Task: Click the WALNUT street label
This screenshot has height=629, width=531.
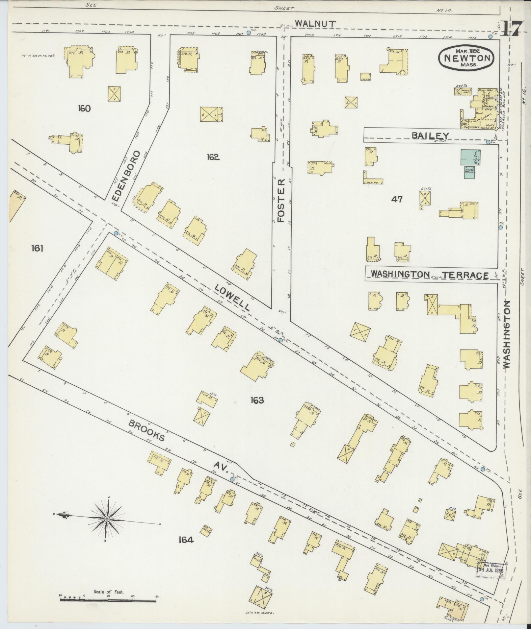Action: pos(315,24)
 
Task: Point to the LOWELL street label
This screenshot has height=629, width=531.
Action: pos(232,297)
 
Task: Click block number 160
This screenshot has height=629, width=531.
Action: pos(84,108)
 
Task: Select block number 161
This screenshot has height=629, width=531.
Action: pos(37,249)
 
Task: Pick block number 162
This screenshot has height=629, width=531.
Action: pos(213,157)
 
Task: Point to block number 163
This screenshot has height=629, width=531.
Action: pos(256,400)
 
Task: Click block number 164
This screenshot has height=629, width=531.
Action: pos(186,540)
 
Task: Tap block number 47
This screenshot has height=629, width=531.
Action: pos(396,199)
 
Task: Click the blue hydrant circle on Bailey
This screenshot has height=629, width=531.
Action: pos(488,142)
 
